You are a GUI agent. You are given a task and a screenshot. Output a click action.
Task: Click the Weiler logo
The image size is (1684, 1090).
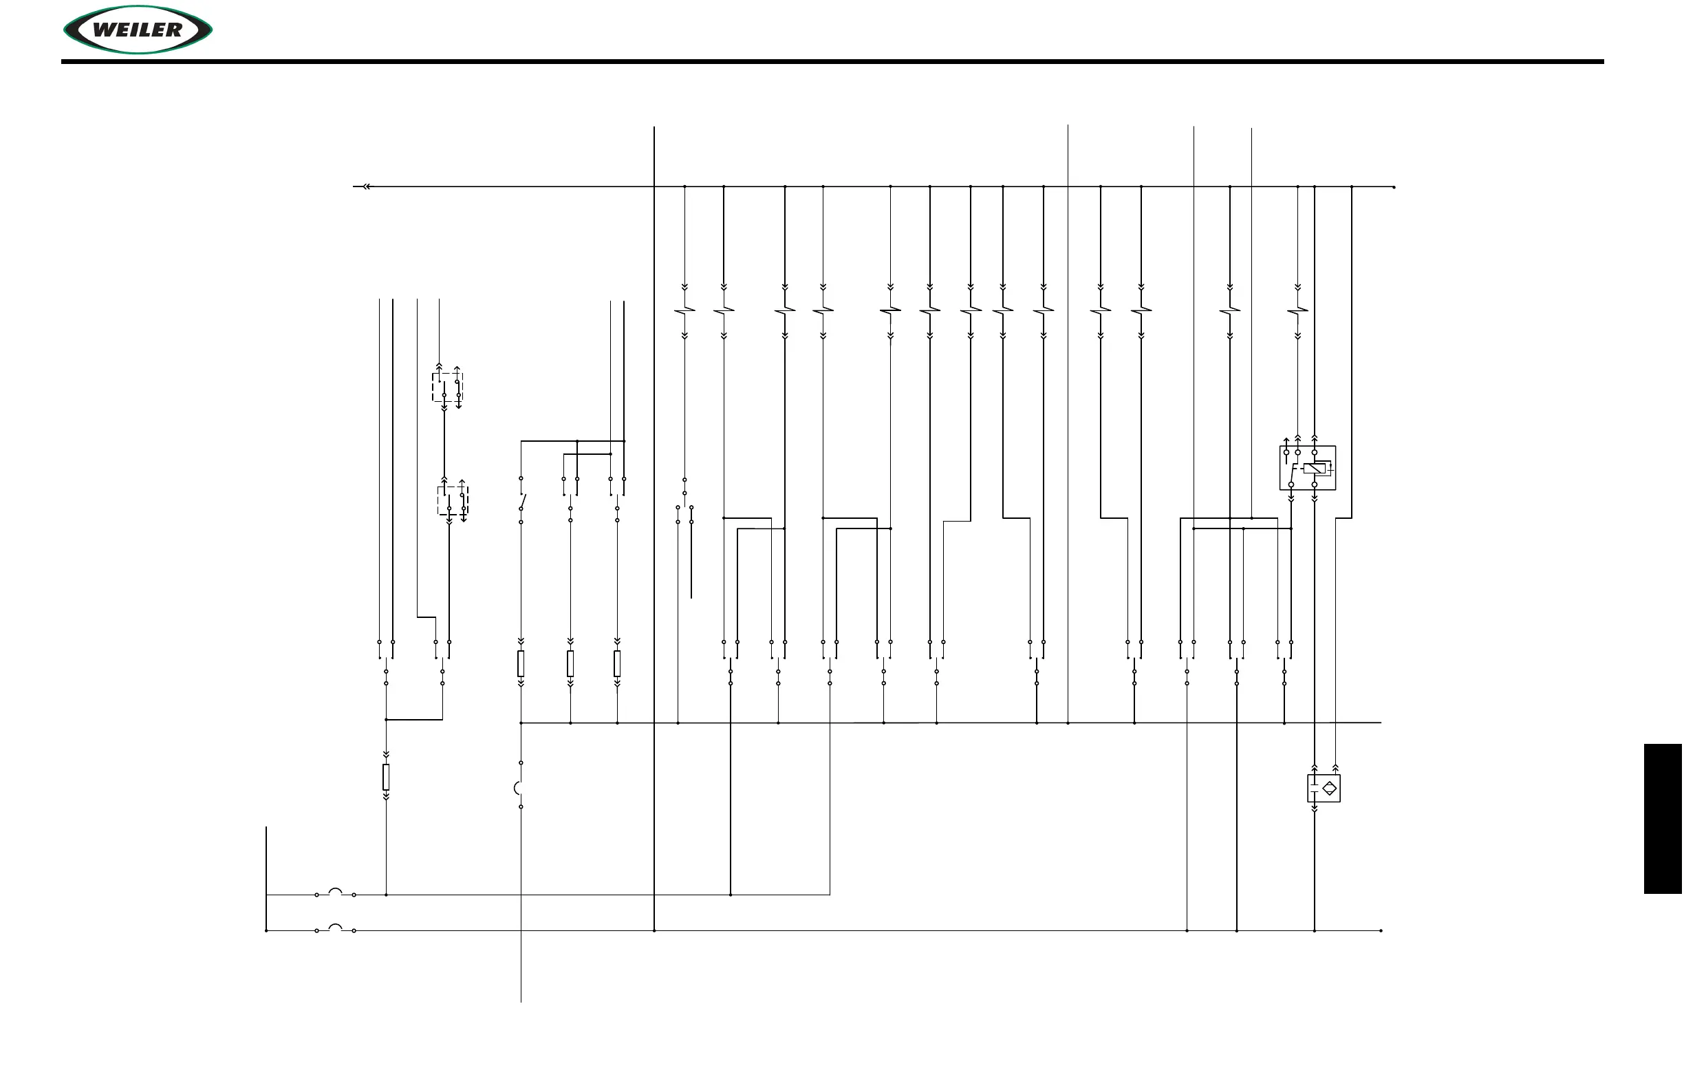[138, 30]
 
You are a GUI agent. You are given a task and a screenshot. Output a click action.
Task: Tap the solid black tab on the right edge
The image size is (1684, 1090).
[1662, 818]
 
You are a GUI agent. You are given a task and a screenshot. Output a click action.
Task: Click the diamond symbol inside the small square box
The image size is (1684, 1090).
[1330, 788]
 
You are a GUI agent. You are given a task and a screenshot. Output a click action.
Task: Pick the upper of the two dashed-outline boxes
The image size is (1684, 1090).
[447, 387]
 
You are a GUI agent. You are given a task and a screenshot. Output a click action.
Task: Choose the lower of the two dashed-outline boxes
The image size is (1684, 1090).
[452, 500]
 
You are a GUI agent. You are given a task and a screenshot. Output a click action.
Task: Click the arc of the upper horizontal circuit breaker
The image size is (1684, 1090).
[336, 892]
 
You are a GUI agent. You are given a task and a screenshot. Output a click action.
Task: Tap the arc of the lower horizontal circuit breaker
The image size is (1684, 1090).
[336, 928]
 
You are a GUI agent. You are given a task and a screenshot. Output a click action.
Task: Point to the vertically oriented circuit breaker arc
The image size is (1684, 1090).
[517, 788]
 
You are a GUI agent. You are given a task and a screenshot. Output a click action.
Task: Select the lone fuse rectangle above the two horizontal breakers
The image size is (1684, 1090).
[386, 776]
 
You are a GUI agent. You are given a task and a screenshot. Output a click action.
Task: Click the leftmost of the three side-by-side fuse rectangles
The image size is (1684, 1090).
[521, 664]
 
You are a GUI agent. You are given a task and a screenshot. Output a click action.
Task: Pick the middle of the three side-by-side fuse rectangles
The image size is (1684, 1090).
[570, 664]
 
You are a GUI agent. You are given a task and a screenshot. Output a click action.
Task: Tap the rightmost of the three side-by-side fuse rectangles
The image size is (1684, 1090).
[617, 664]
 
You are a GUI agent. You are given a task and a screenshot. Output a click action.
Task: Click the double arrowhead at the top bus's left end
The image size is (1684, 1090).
[366, 187]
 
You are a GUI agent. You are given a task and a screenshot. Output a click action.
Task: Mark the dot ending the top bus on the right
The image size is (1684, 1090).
[1394, 188]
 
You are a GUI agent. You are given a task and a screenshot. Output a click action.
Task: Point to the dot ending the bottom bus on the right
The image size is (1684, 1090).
[1381, 931]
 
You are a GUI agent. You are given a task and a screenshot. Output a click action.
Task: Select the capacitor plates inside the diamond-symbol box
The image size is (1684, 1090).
[1314, 788]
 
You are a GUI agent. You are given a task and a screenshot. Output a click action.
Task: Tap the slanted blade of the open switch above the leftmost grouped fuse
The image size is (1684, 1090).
[523, 501]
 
